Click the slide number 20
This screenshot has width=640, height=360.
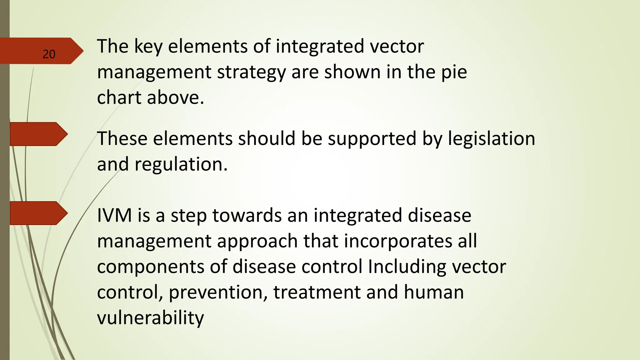[x=49, y=54]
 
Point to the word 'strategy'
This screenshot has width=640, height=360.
[x=251, y=72]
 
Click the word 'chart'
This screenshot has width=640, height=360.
[x=119, y=97]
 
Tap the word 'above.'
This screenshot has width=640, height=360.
[x=175, y=97]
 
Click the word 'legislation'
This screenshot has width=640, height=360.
[x=491, y=139]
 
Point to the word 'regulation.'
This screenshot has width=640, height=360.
[x=181, y=165]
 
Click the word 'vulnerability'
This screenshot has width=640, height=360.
[x=150, y=318]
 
